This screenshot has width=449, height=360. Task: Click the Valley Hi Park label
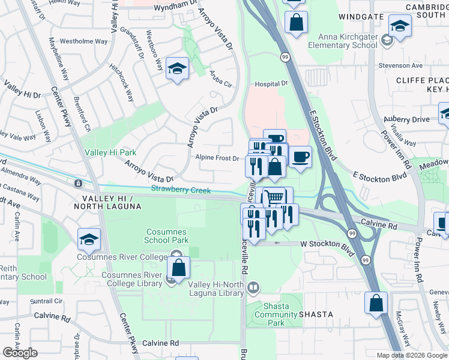(110, 153)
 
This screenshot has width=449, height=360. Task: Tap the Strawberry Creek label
(181, 190)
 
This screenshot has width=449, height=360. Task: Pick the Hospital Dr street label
(271, 84)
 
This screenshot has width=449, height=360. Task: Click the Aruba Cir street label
(221, 79)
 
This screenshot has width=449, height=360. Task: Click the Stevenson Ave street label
(400, 66)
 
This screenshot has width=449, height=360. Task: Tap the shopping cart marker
(274, 197)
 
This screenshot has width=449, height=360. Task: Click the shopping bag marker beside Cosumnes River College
(178, 268)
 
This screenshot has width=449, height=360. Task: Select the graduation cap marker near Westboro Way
(177, 68)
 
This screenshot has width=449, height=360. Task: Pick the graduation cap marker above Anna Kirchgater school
(399, 26)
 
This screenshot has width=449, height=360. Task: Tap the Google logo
(20, 353)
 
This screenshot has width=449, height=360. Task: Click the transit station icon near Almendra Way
(78, 182)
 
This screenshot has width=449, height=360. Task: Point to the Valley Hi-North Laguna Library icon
(253, 288)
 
